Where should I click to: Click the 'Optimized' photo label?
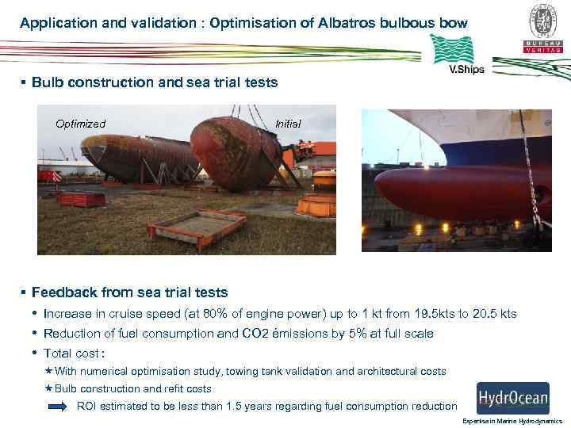pyautogui.click(x=80, y=124)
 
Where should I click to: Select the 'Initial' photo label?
pyautogui.click(x=287, y=124)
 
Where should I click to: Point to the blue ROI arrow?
pyautogui.click(x=58, y=407)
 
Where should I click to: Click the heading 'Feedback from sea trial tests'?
pyautogui.click(x=129, y=292)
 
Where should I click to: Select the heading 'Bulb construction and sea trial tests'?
pyautogui.click(x=155, y=82)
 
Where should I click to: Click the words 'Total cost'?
pyautogui.click(x=71, y=353)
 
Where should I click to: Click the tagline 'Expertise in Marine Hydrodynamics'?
pyautogui.click(x=512, y=420)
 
